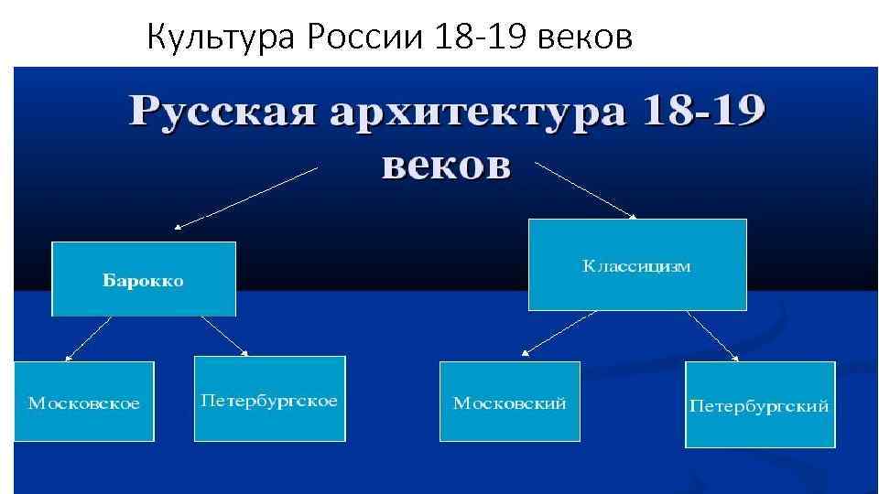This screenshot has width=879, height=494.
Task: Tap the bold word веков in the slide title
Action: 445,166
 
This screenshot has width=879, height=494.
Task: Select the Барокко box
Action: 144,279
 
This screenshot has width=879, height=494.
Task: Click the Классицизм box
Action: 637,265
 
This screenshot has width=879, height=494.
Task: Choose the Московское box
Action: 84,402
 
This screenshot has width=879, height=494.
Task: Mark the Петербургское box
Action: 269,399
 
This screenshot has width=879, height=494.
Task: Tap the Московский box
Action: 510,402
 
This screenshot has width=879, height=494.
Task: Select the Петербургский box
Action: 759,404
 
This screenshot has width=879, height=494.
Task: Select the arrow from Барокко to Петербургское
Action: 214,335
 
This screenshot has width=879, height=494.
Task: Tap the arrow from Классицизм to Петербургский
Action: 713,335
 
